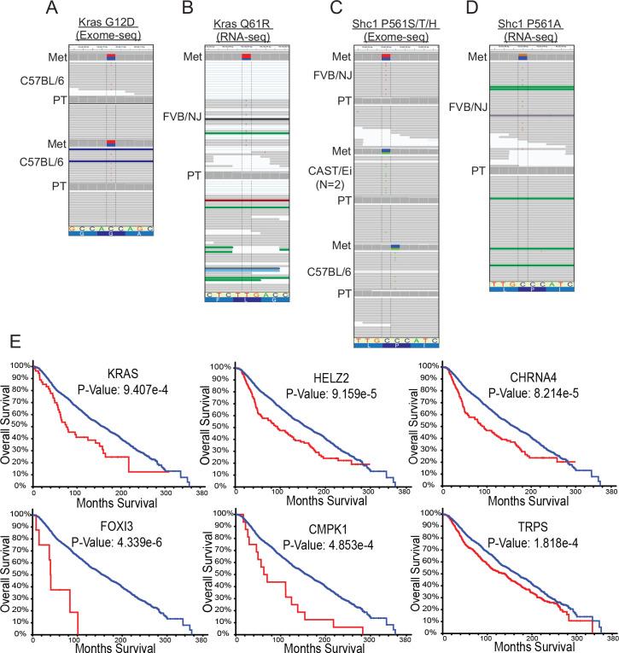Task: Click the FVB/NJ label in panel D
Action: point(470,107)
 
